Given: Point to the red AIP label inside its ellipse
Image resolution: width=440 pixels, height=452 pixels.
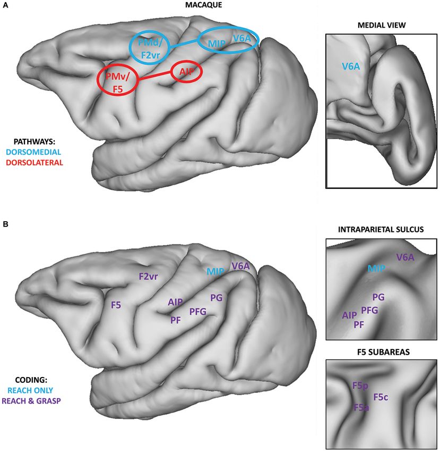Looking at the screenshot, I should pos(187,73).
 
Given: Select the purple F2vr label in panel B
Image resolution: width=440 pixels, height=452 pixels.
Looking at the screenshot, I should pos(149,277).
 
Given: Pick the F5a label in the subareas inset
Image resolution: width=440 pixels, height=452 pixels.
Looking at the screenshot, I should pos(363,407).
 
